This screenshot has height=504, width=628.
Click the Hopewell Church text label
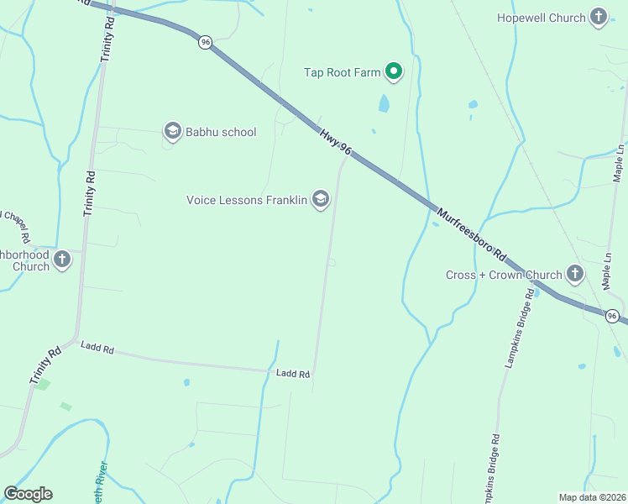click(541, 18)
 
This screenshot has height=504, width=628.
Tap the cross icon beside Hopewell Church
click(599, 17)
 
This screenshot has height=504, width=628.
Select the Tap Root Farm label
click(342, 72)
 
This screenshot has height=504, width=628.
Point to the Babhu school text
click(221, 132)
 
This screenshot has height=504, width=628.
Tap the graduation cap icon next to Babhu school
click(172, 130)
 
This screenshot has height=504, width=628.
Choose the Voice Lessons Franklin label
click(246, 200)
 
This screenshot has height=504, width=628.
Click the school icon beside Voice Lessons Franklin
click(320, 199)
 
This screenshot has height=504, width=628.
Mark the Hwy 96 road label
click(335, 140)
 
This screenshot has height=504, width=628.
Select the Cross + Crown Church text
click(504, 275)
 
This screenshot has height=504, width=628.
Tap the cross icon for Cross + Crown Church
click(574, 273)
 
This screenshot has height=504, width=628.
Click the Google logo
click(28, 494)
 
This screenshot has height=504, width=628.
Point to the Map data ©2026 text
click(592, 497)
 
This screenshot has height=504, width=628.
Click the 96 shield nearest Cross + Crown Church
click(613, 316)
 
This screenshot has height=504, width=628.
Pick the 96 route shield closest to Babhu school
click(205, 42)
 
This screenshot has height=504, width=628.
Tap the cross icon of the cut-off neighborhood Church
click(62, 260)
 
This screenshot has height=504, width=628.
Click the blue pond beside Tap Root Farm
click(384, 103)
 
